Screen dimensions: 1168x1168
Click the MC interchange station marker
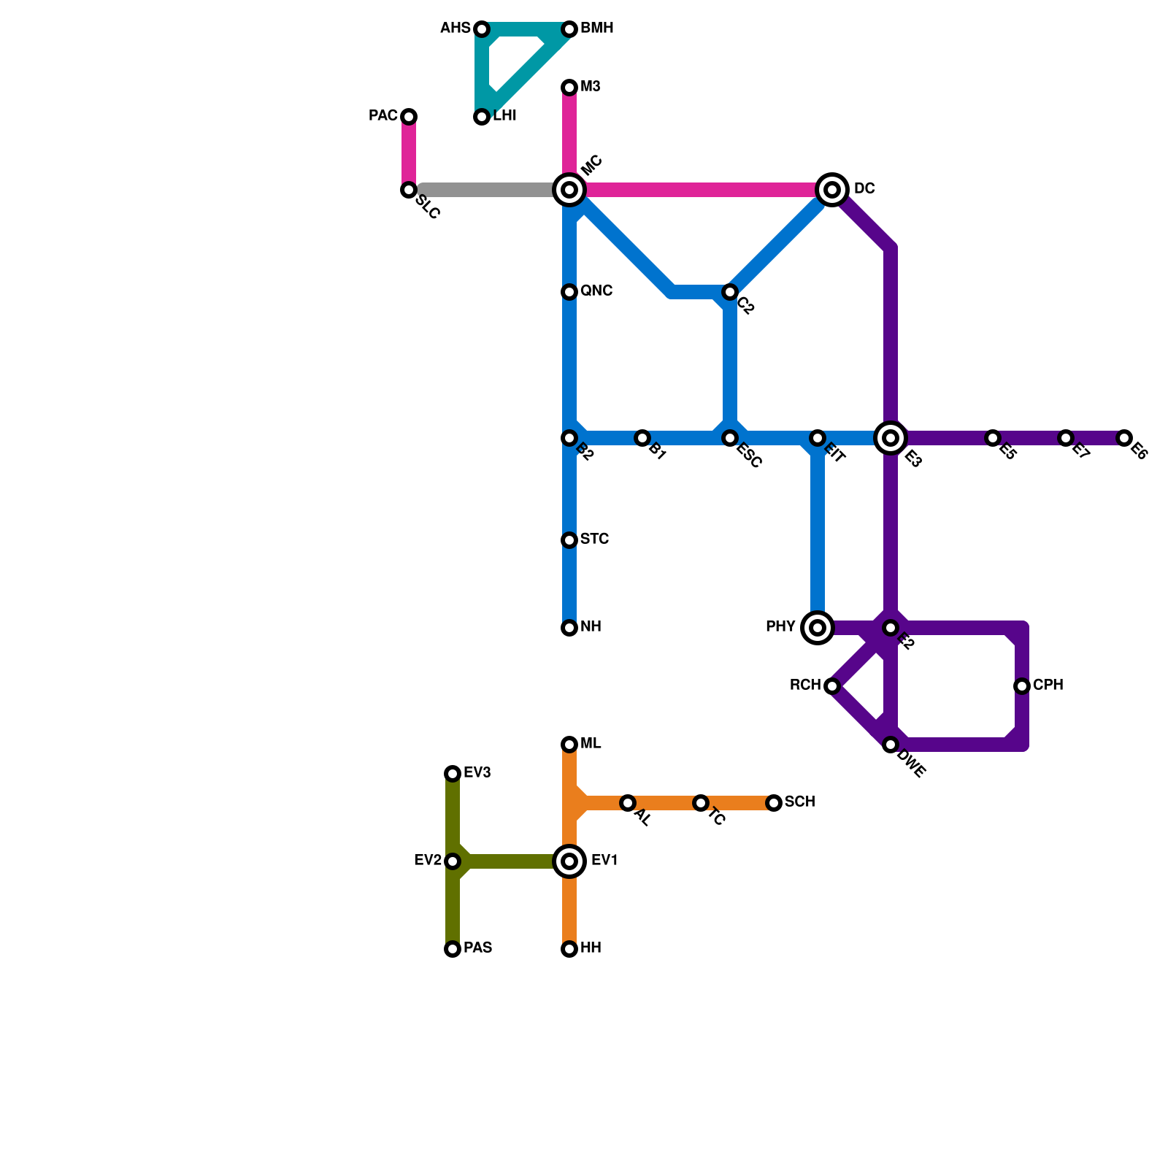tap(569, 190)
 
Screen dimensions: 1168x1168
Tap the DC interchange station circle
tap(832, 190)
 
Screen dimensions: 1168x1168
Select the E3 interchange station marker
tap(891, 438)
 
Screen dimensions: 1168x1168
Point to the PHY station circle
tap(818, 628)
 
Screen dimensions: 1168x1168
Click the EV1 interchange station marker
tap(569, 861)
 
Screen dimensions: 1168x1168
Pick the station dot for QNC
tap(569, 292)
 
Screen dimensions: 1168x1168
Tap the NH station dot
tap(569, 628)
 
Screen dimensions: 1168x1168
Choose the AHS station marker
tap(482, 29)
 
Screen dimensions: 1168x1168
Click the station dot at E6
tap(1124, 438)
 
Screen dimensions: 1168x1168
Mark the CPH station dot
tap(1022, 686)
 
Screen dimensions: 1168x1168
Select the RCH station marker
tap(832, 686)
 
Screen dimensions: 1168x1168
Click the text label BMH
tap(596, 28)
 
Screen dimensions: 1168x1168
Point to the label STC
tap(594, 539)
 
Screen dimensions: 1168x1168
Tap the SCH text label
tap(799, 802)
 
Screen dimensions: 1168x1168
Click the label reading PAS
tap(477, 948)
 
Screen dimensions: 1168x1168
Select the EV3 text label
tap(477, 773)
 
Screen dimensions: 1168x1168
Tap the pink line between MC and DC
tap(701, 190)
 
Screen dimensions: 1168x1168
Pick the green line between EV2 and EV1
tap(511, 861)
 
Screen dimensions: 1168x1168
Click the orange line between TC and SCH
tap(737, 803)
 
